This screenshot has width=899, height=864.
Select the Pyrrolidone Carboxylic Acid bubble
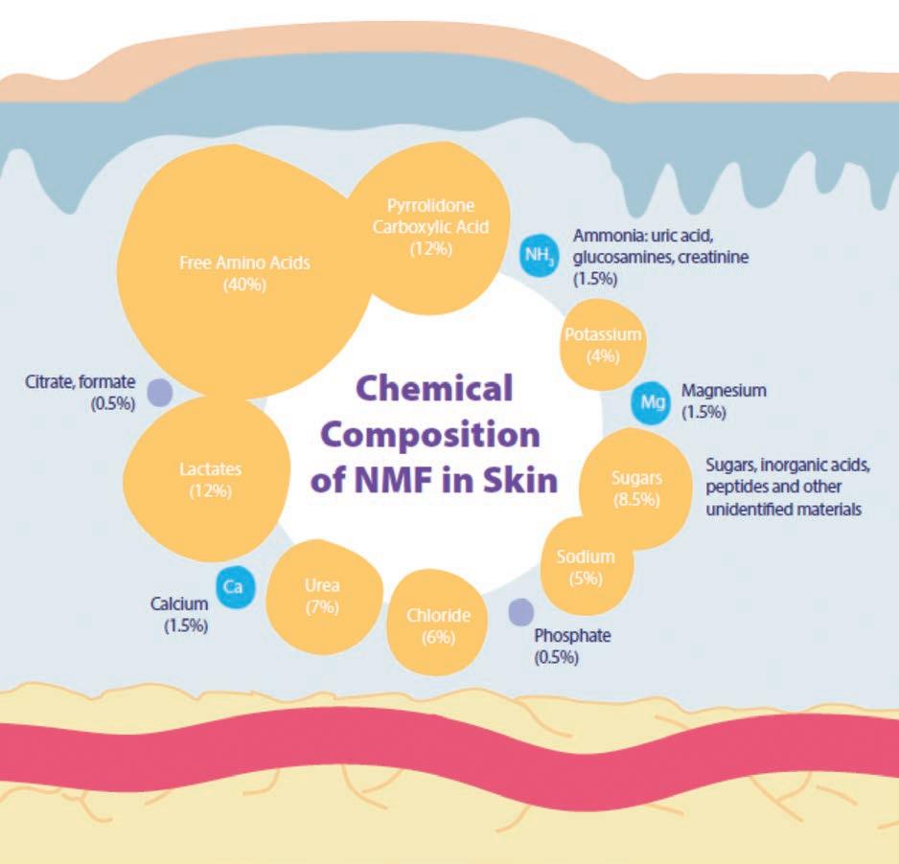pyautogui.click(x=431, y=228)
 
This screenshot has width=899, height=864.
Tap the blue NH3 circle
pyautogui.click(x=538, y=255)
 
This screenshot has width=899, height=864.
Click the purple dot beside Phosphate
pyautogui.click(x=520, y=609)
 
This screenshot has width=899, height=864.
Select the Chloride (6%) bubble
pyautogui.click(x=438, y=625)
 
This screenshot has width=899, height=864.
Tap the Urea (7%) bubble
pyautogui.click(x=322, y=594)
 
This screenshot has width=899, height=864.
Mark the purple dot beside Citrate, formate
pyautogui.click(x=159, y=392)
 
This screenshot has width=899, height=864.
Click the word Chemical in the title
pyautogui.click(x=434, y=389)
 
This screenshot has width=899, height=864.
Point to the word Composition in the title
pyautogui.click(x=431, y=434)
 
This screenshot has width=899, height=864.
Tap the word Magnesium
pyautogui.click(x=724, y=391)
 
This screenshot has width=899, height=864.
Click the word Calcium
pyautogui.click(x=179, y=604)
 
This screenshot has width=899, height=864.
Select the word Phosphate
pyautogui.click(x=572, y=636)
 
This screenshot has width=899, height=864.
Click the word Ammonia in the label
pyautogui.click(x=608, y=235)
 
